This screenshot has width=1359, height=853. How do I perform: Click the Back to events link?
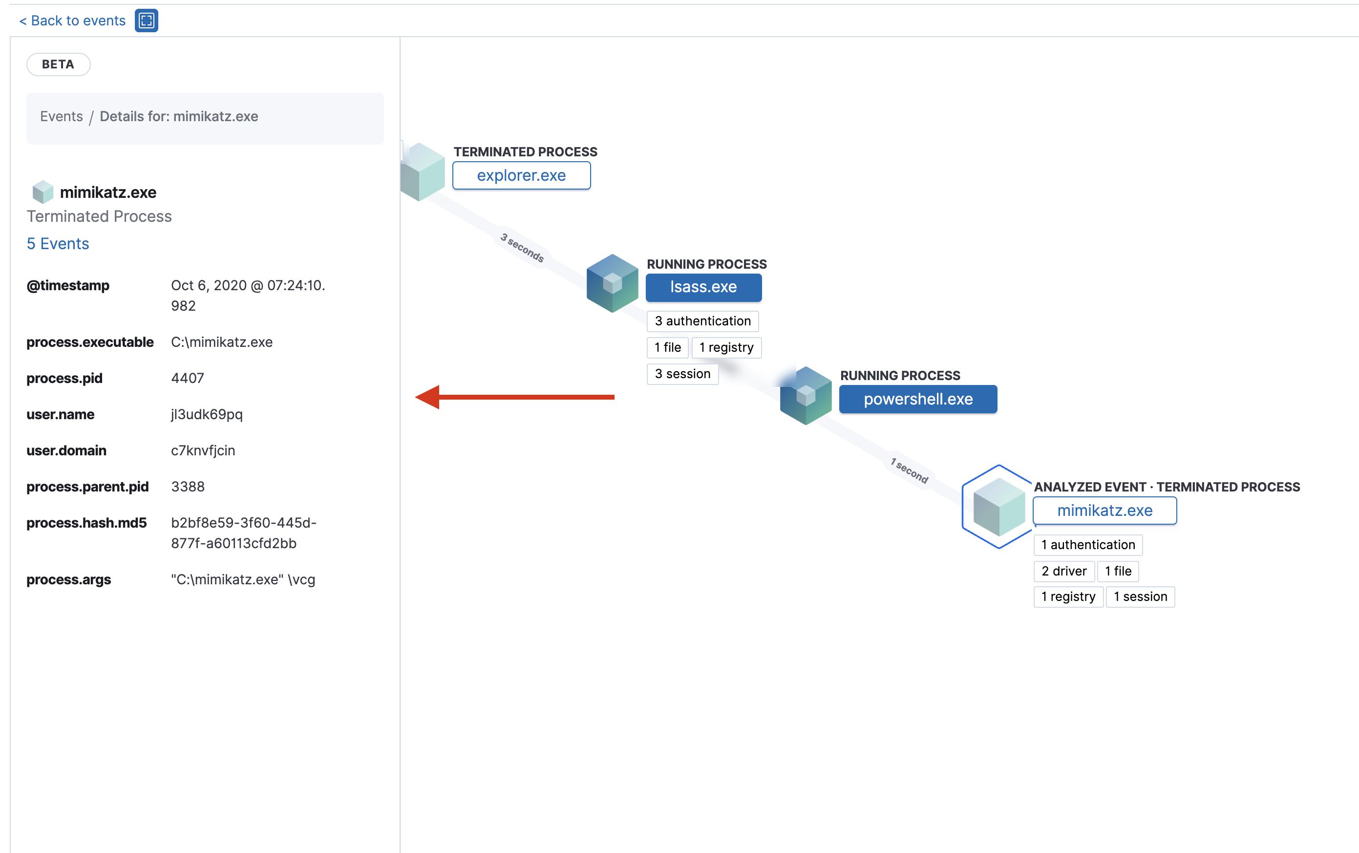click(x=72, y=21)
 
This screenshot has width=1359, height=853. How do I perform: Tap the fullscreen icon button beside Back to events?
click(x=146, y=21)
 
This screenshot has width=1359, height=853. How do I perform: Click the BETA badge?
click(x=58, y=64)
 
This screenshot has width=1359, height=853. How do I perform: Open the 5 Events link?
click(x=58, y=244)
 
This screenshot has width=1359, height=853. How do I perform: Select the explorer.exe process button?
click(x=521, y=175)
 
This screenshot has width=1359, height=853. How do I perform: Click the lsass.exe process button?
click(x=703, y=287)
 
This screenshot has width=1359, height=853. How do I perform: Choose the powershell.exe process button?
click(x=917, y=399)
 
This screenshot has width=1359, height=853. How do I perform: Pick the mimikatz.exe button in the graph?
click(x=1104, y=511)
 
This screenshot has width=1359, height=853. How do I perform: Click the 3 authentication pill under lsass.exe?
click(x=702, y=321)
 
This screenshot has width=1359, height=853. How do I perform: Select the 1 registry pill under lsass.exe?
click(x=726, y=347)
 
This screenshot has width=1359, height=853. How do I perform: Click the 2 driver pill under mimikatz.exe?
click(x=1063, y=571)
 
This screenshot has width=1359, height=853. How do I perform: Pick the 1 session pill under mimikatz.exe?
click(x=1140, y=597)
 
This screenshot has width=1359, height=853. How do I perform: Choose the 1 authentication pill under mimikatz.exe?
click(x=1088, y=544)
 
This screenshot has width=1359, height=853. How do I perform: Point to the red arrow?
click(x=514, y=397)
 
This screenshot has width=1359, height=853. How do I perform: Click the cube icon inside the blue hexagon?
click(x=998, y=506)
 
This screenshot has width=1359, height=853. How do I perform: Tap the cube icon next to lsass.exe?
click(x=612, y=283)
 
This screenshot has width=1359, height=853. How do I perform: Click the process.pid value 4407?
click(x=187, y=378)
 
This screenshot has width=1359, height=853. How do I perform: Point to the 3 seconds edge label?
click(x=522, y=248)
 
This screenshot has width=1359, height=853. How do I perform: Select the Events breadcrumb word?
click(x=62, y=116)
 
